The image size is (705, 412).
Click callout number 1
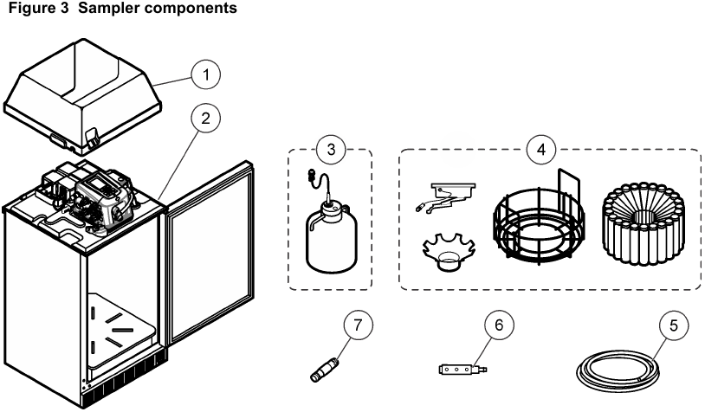205,75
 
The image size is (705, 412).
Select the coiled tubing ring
618,370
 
